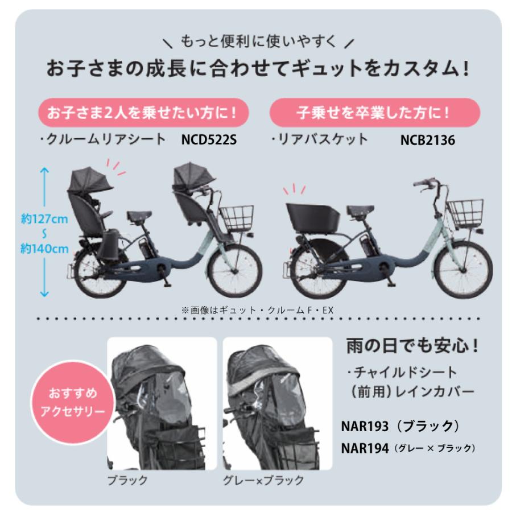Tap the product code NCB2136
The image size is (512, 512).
pos(427,140)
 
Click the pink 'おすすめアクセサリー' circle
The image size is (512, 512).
pos(72,402)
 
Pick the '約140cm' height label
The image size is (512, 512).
pos(44,249)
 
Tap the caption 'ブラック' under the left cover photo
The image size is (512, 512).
pos(127,480)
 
